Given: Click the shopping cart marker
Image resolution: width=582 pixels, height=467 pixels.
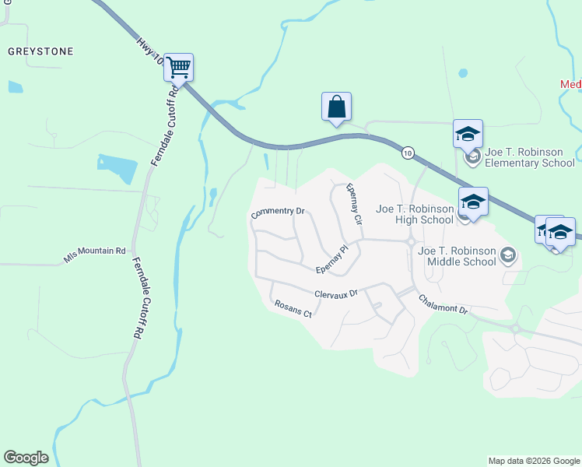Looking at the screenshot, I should [178, 67].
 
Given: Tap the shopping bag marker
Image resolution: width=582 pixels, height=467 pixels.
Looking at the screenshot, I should [336, 106].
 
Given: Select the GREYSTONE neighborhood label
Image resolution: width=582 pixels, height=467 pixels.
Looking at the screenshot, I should [40, 51].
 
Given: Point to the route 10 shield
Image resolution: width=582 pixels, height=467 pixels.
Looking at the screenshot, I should [408, 153].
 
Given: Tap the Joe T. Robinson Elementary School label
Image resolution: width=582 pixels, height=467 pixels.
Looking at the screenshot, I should [530, 158].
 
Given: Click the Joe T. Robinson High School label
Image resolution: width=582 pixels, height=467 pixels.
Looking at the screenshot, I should [415, 214].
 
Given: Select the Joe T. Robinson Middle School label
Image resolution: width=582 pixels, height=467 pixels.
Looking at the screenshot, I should [457, 256].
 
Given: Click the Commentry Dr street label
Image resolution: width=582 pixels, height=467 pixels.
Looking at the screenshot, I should [277, 212].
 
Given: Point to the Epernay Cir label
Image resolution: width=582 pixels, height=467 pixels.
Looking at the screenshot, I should [355, 204].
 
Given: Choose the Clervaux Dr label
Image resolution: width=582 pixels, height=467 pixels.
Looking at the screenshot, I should [335, 294].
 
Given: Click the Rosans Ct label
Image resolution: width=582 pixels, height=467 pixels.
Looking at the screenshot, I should [293, 309].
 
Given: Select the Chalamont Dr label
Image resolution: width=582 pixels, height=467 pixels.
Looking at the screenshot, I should [443, 304].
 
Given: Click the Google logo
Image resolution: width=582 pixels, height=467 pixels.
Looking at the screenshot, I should [26, 458].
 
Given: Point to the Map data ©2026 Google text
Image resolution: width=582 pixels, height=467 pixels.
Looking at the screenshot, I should [533, 461].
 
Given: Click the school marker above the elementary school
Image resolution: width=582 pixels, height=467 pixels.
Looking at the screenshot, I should [468, 133].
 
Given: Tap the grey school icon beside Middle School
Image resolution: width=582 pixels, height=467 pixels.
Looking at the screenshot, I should [507, 255].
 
